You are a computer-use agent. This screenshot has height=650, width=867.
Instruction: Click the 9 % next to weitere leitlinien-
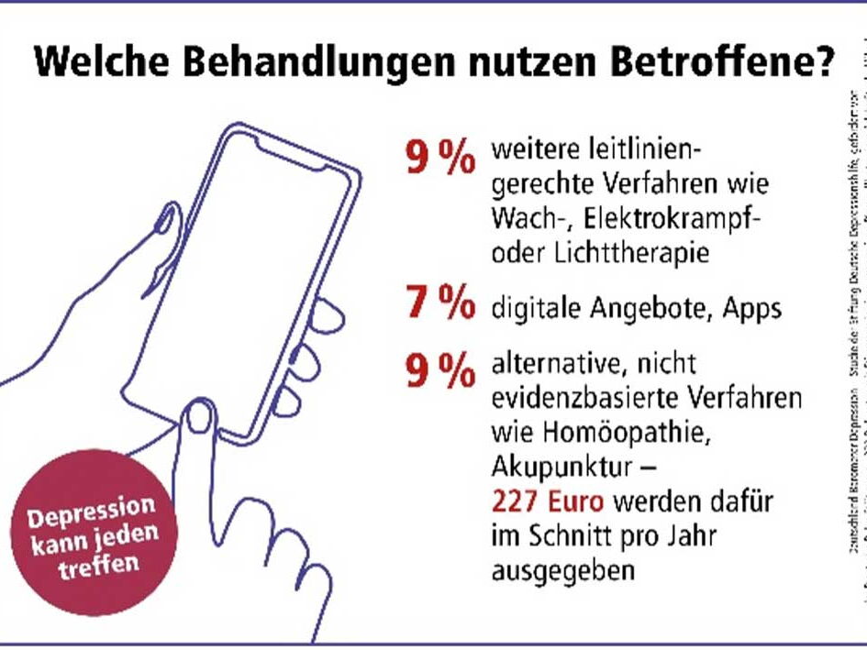[x=440, y=157]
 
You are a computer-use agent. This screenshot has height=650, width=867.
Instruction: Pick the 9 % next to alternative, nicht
[x=440, y=369]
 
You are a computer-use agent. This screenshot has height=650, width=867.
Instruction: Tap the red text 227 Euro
[x=549, y=502]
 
